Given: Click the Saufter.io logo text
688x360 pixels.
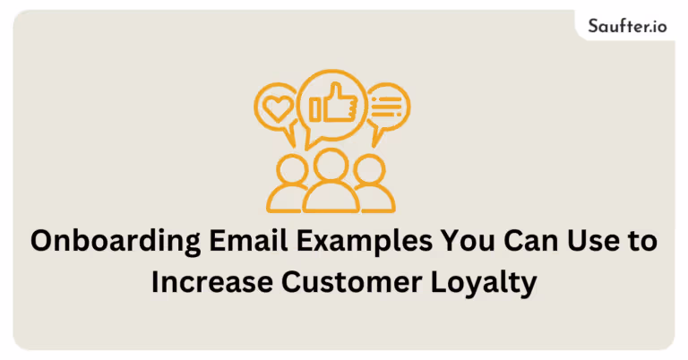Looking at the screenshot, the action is click(627, 26).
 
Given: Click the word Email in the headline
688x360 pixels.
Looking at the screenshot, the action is click(248, 240).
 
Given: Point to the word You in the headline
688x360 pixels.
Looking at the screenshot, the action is click(468, 241).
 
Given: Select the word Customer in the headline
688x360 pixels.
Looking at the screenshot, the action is click(351, 282).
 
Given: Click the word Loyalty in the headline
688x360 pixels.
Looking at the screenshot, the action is click(484, 284).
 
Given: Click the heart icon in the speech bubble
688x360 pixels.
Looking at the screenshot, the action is click(277, 108).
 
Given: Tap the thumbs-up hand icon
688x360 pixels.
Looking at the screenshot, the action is click(340, 104).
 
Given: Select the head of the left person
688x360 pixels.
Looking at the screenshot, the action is click(293, 169).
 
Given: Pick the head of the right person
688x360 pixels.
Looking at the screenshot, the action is click(369, 169).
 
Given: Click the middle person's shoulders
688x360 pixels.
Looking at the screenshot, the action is click(331, 198).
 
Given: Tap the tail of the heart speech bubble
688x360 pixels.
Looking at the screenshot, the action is click(290, 135).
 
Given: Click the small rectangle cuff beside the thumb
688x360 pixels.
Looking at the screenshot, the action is click(315, 109).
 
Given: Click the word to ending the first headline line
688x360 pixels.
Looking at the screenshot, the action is click(642, 242).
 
